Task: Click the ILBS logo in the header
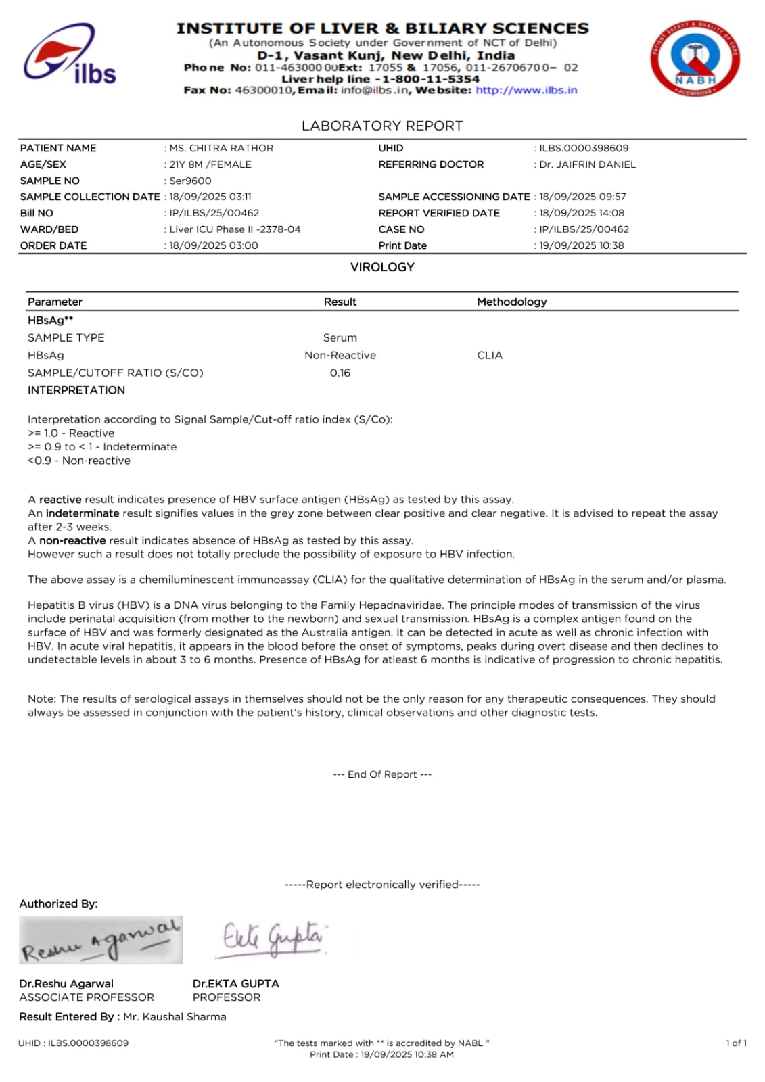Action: [x=70, y=55]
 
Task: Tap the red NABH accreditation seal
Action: [x=695, y=57]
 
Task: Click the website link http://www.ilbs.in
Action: [x=526, y=90]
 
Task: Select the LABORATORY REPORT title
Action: [x=382, y=126]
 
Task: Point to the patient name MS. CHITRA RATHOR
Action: [x=221, y=148]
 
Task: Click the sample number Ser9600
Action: [x=190, y=181]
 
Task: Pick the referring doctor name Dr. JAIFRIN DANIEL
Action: [x=587, y=164]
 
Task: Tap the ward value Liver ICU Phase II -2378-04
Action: [x=235, y=229]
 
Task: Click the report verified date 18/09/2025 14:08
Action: [x=582, y=213]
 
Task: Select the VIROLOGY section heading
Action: [x=382, y=267]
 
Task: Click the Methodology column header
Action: [x=511, y=302]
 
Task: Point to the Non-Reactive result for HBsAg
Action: [x=340, y=355]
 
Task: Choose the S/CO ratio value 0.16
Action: [x=340, y=373]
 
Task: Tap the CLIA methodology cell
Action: [x=489, y=355]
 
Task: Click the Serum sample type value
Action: [x=340, y=337]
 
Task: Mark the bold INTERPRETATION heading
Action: [x=76, y=390]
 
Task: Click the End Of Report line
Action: [x=382, y=774]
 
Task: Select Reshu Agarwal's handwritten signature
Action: [x=101, y=940]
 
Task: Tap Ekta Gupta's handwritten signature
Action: [x=272, y=938]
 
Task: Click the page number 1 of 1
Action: [x=736, y=1043]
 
